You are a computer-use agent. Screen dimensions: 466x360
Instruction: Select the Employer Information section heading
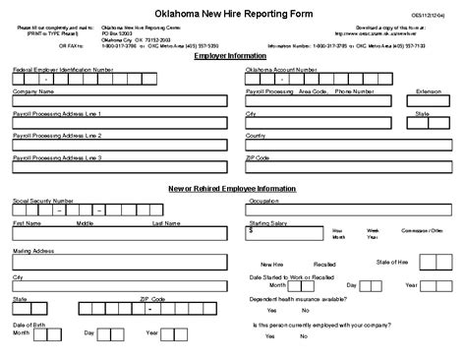(x=233, y=58)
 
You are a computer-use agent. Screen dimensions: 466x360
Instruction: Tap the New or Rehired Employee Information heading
(x=233, y=188)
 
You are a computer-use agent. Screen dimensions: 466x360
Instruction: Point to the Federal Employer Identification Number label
(x=63, y=70)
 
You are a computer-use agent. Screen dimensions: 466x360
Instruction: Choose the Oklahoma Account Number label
(x=281, y=70)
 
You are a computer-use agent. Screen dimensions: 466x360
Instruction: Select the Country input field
(x=349, y=146)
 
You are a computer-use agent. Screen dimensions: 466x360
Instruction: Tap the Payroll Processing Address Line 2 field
(x=118, y=146)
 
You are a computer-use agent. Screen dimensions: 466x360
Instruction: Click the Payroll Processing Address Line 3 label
(x=57, y=157)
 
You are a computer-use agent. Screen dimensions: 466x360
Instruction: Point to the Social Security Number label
(x=45, y=200)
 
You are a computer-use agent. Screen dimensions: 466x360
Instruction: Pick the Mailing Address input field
(x=118, y=264)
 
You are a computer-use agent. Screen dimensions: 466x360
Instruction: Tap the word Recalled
(x=324, y=265)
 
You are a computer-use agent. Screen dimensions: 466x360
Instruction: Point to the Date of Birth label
(x=28, y=324)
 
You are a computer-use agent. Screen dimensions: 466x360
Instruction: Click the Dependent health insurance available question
(x=297, y=298)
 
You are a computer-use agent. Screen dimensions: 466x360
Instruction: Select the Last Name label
(x=165, y=222)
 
